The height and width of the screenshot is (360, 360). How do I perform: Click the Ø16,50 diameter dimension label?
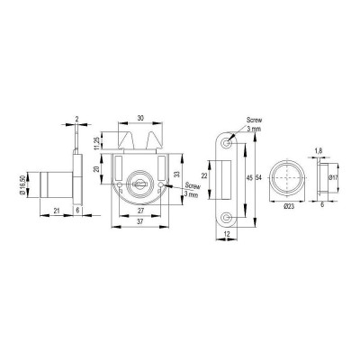(x=22, y=184)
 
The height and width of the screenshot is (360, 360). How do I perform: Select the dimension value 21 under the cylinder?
(x=57, y=211)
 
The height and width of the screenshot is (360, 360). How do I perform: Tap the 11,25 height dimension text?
(x=97, y=143)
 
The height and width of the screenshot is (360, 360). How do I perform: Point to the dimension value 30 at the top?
(x=140, y=118)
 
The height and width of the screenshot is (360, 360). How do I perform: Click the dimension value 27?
(x=140, y=211)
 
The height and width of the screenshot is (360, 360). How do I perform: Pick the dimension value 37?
(x=140, y=221)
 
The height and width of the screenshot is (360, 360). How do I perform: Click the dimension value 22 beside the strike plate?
(x=204, y=175)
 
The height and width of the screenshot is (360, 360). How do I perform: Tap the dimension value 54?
(x=259, y=177)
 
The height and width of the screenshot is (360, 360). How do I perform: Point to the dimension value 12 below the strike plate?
(x=227, y=234)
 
